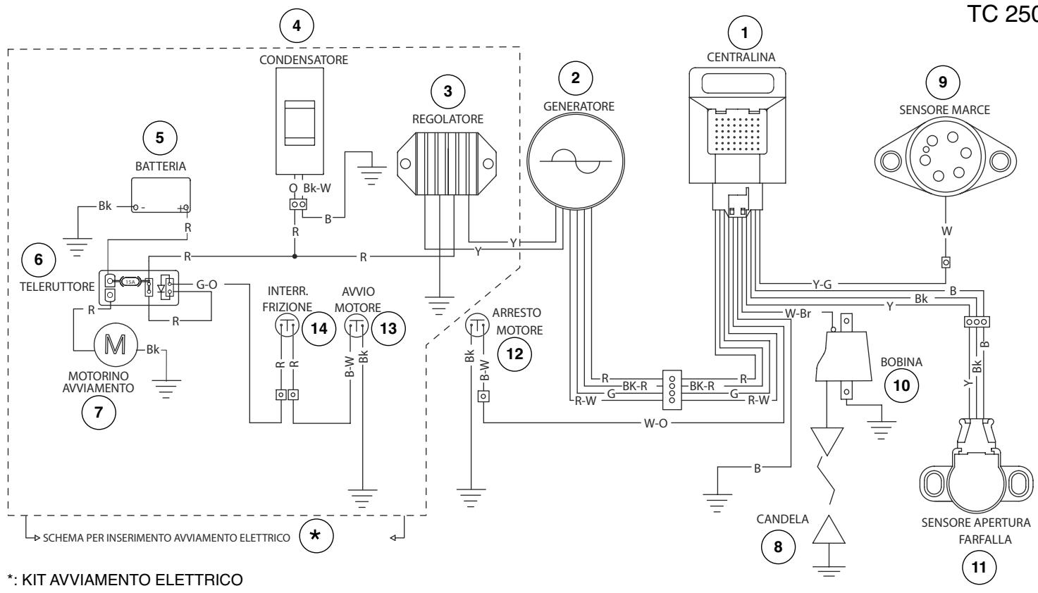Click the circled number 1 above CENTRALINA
pyautogui.click(x=745, y=33)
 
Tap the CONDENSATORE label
pyautogui.click(x=304, y=60)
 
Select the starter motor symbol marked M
pyautogui.click(x=116, y=344)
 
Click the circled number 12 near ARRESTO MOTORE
pyautogui.click(x=514, y=354)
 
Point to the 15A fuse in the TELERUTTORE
pyautogui.click(x=130, y=281)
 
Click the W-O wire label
pyautogui.click(x=655, y=423)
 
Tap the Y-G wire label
pyautogui.click(x=822, y=285)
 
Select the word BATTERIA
pyautogui.click(x=161, y=166)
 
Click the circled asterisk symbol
pyautogui.click(x=316, y=535)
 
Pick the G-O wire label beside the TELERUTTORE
pyautogui.click(x=206, y=285)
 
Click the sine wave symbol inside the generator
pyautogui.click(x=576, y=161)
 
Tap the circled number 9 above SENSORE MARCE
pyautogui.click(x=943, y=82)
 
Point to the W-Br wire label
pyautogui.click(x=798, y=313)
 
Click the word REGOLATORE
pyautogui.click(x=447, y=119)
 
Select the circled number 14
pyautogui.click(x=319, y=328)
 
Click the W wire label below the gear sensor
pyautogui.click(x=946, y=231)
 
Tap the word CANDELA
pyautogui.click(x=782, y=519)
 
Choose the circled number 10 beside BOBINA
pyautogui.click(x=901, y=385)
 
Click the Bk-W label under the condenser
pyautogui.click(x=317, y=188)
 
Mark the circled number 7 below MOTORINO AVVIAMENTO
pyautogui.click(x=99, y=412)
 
